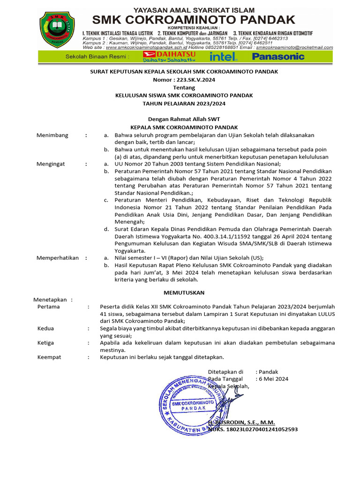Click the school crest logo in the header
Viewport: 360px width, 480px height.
coord(57,30)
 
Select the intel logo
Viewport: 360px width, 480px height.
coord(224,57)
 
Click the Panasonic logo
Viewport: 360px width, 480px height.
coord(278,57)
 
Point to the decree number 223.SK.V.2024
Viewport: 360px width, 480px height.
coord(184,80)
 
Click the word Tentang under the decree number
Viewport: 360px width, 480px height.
coord(184,88)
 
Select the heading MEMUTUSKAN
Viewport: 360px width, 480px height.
coord(184,292)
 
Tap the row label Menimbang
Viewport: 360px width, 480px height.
coord(52,135)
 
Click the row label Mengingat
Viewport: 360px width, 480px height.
coord(51,164)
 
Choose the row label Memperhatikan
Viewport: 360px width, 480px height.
coord(58,258)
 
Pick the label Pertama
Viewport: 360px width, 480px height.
coord(49,307)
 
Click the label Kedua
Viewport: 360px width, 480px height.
coord(46,329)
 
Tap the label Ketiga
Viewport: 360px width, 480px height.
coord(46,343)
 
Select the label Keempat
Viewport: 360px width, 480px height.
coord(49,357)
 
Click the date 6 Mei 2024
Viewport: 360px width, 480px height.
coord(274,379)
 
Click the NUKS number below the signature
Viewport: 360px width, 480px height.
coord(253,429)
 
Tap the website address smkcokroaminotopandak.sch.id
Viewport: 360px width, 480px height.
coord(147,47)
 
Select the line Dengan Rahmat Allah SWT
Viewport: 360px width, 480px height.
coord(184,119)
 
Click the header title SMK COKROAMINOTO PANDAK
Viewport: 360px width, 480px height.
coord(194,19)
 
